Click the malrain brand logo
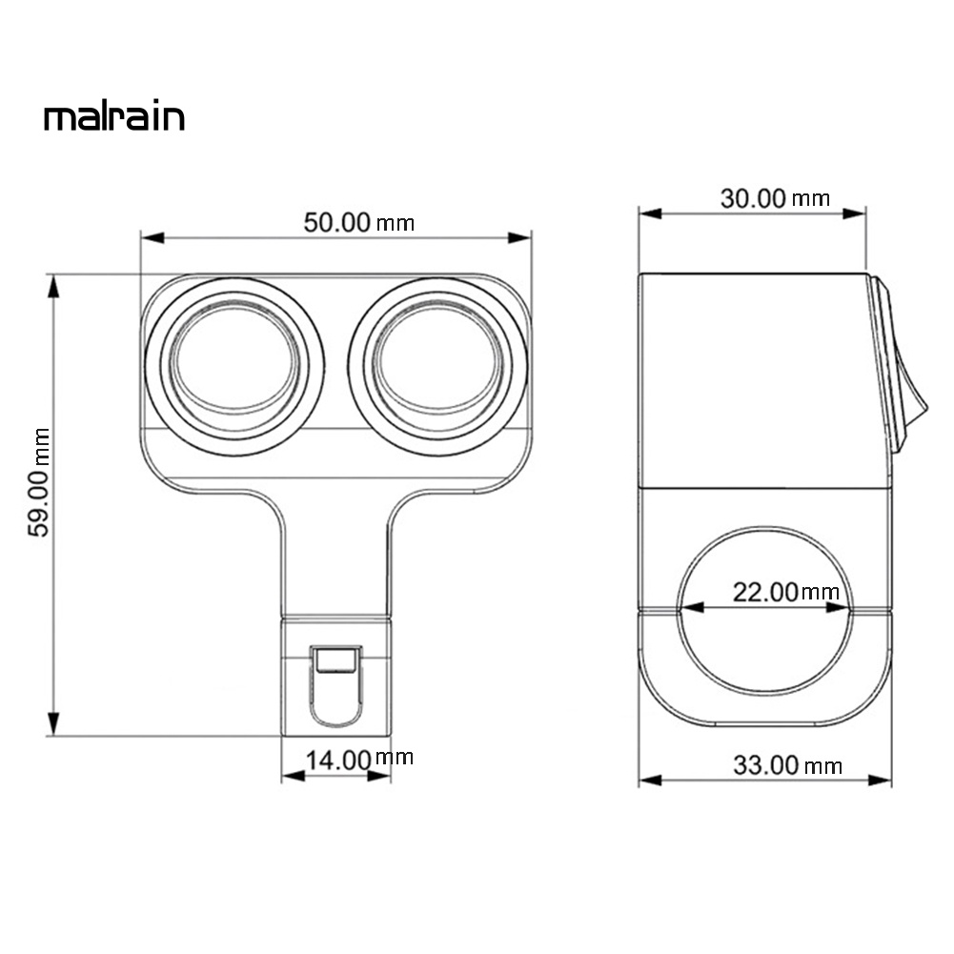click(x=113, y=117)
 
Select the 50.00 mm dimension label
click(x=358, y=222)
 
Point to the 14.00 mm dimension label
click(x=358, y=760)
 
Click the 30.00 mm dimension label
click(x=775, y=198)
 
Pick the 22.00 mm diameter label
click(x=785, y=592)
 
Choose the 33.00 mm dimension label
click(x=787, y=764)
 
